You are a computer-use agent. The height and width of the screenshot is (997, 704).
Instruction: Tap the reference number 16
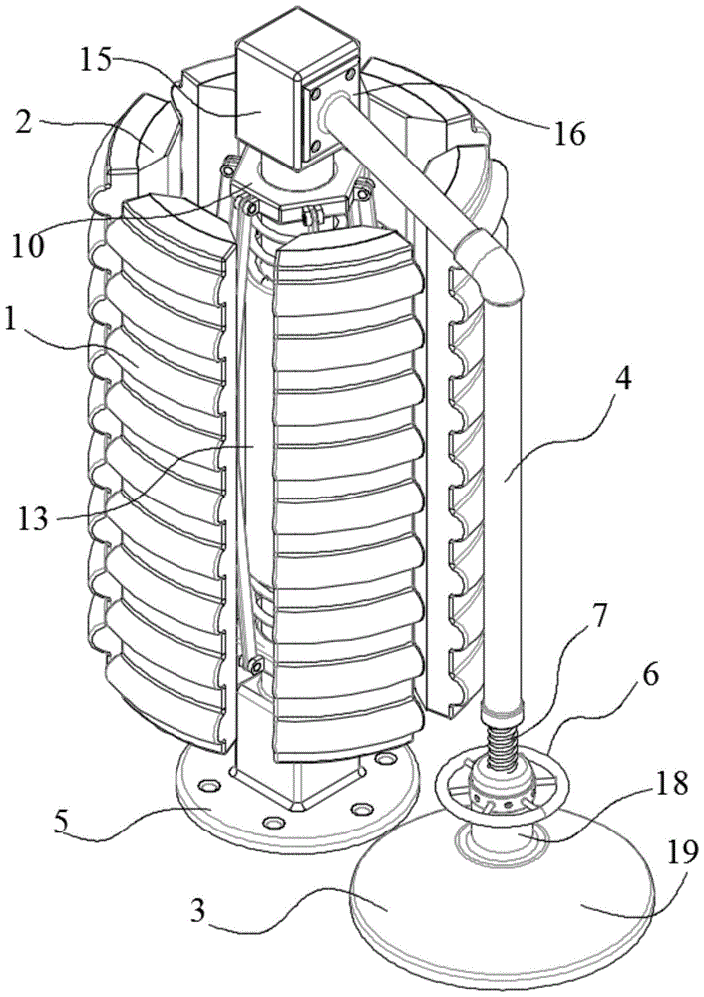pos(569,133)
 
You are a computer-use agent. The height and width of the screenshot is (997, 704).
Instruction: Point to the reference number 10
pos(29,245)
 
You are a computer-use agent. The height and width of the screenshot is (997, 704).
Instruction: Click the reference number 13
pos(32,517)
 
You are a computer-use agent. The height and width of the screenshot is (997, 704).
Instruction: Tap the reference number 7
pos(601,615)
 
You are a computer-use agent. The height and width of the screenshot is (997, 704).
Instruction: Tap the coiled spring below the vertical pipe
pos(503,738)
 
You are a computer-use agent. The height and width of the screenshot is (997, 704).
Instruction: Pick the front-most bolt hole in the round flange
pos(273,823)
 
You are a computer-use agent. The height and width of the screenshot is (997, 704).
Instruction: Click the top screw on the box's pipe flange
pos(348,75)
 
